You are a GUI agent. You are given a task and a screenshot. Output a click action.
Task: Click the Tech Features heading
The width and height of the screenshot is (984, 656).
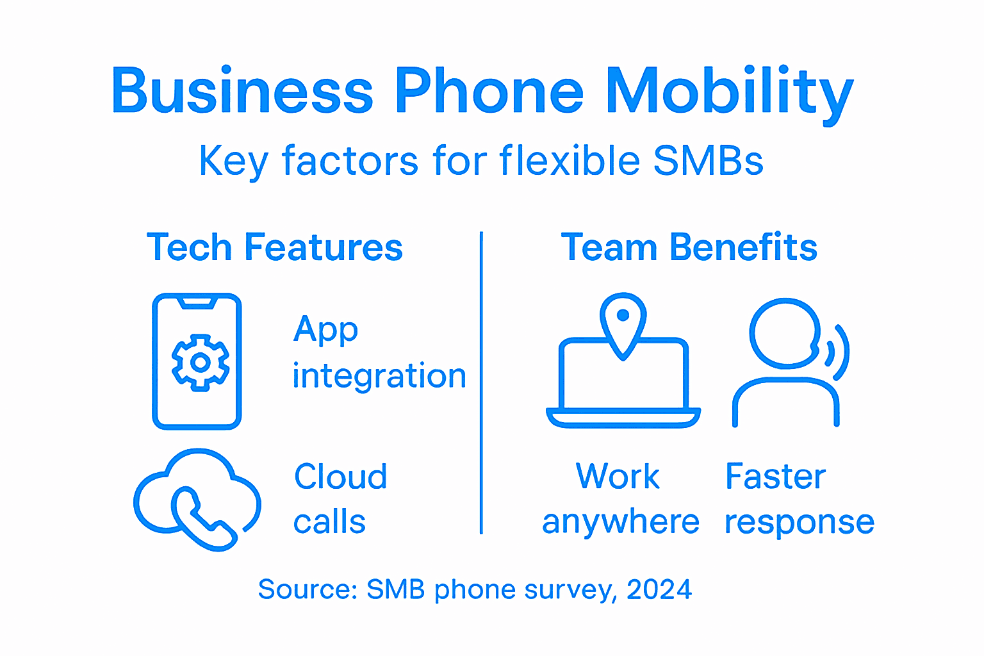pyautogui.click(x=274, y=247)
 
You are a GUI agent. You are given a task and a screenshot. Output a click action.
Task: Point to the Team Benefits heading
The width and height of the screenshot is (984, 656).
pyautogui.click(x=689, y=247)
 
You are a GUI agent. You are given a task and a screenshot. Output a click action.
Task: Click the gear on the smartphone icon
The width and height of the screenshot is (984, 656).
pyautogui.click(x=201, y=363)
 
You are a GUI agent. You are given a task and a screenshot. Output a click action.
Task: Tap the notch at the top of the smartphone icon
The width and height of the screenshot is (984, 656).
pyautogui.click(x=197, y=301)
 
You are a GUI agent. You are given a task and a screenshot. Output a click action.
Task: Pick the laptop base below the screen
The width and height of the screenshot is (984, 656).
pyautogui.click(x=623, y=418)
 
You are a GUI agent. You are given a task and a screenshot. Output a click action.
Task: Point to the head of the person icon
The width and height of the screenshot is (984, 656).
pyautogui.click(x=785, y=333)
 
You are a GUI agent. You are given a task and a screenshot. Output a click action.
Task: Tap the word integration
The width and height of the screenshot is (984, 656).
pyautogui.click(x=379, y=376)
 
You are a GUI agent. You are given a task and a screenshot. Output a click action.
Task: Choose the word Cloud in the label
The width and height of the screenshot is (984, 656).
pyautogui.click(x=341, y=477)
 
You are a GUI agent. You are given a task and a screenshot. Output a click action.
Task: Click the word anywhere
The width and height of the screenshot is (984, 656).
pyautogui.click(x=620, y=522)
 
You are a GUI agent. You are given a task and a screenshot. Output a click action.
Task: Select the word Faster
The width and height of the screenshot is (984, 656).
pyautogui.click(x=775, y=477)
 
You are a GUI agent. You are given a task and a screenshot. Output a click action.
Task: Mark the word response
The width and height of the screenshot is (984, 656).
pyautogui.click(x=799, y=522)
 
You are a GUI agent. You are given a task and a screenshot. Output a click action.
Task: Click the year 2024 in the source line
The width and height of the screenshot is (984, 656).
pyautogui.click(x=659, y=589)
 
